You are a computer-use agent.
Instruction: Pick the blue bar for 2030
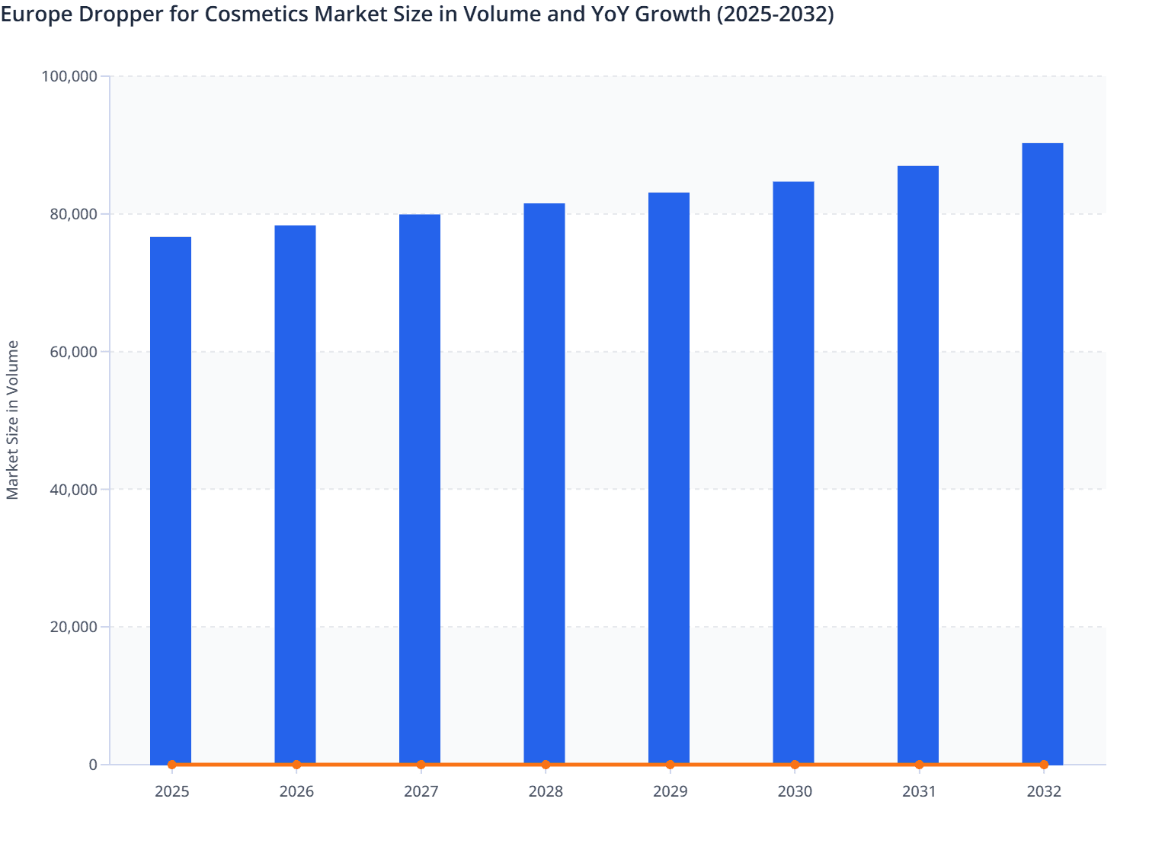click(793, 472)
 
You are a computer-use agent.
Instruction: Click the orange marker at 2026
click(296, 765)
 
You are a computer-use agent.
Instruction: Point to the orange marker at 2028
click(546, 765)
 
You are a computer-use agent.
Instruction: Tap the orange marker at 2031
click(919, 765)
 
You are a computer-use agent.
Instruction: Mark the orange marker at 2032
click(1044, 765)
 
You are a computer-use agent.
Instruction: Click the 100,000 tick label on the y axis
click(69, 76)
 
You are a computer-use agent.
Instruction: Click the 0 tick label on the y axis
click(93, 765)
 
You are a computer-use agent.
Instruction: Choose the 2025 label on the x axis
click(171, 792)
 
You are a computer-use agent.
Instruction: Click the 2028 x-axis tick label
click(546, 792)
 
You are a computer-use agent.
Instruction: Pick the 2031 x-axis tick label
click(919, 792)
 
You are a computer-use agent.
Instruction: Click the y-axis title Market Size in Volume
click(13, 420)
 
